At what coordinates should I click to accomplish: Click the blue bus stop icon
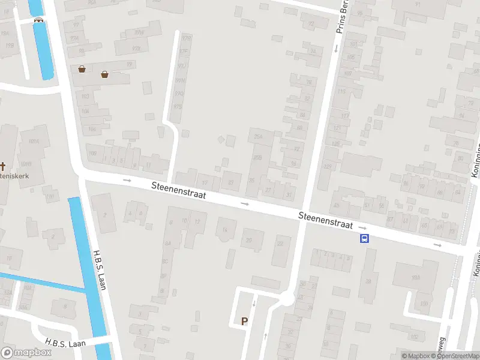(364, 238)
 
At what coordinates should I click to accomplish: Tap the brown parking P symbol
(244, 321)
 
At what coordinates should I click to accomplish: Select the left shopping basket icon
(82, 69)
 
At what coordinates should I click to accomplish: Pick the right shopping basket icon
(105, 74)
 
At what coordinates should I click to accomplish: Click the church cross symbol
(2, 166)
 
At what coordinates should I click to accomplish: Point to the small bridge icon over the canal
(40, 19)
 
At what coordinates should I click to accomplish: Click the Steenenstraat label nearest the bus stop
(326, 220)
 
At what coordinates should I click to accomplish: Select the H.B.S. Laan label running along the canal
(100, 270)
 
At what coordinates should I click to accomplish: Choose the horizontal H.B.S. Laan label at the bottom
(65, 343)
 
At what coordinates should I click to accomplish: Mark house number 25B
(257, 157)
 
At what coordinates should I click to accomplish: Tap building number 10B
(92, 153)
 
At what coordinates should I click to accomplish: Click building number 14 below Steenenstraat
(226, 230)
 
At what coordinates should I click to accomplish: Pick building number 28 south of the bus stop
(368, 281)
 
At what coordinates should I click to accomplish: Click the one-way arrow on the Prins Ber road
(335, 49)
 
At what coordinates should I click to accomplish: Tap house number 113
(341, 92)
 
